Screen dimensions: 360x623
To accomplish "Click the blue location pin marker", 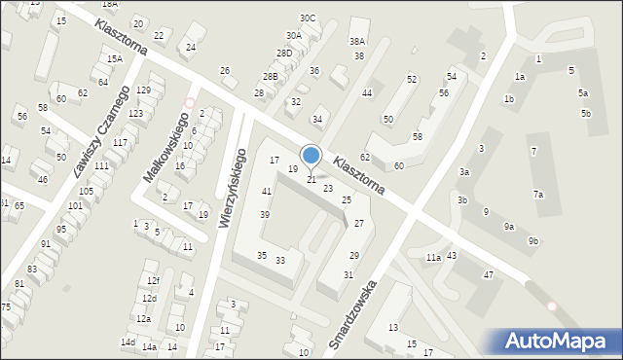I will [x=311, y=156].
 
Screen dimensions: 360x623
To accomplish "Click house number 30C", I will [x=308, y=18].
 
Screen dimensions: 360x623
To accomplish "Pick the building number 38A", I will [x=357, y=42].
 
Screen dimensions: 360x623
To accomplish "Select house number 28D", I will [x=283, y=54].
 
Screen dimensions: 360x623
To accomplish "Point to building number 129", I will [x=143, y=90].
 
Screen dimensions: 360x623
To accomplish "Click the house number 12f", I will [x=153, y=280].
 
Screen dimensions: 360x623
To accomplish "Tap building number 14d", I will [x=128, y=342].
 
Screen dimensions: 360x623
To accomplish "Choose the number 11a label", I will [x=432, y=258].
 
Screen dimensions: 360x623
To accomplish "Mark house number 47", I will [x=489, y=275].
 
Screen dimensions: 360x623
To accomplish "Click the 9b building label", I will [x=532, y=240].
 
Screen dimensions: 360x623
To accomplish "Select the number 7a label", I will [x=537, y=195].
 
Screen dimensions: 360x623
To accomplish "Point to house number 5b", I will [x=586, y=114].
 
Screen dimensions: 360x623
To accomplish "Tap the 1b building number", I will [x=508, y=99].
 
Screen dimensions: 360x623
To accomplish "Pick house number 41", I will [x=266, y=191].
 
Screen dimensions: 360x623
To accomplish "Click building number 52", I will [x=412, y=79].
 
